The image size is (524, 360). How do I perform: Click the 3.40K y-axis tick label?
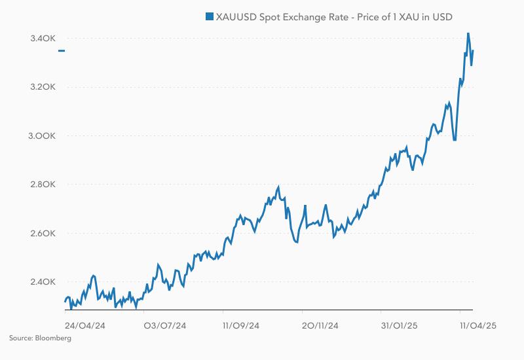(43, 39)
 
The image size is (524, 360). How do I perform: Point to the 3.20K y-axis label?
(43, 87)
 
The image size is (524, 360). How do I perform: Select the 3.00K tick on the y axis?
(43, 136)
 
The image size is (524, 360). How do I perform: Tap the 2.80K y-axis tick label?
(43, 185)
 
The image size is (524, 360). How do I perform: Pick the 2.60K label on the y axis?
(43, 234)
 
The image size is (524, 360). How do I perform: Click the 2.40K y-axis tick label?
(43, 282)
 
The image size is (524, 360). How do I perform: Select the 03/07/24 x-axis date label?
(165, 325)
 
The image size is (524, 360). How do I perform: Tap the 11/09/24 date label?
(242, 325)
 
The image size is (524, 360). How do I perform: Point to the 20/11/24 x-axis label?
(320, 325)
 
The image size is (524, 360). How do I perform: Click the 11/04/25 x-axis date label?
(477, 325)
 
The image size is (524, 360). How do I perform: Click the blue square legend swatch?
(209, 16)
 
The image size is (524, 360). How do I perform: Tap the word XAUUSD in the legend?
(235, 16)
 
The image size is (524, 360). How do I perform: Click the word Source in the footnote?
(20, 338)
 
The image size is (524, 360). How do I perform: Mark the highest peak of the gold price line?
(468, 32)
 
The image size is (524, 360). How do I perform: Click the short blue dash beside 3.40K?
(61, 50)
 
